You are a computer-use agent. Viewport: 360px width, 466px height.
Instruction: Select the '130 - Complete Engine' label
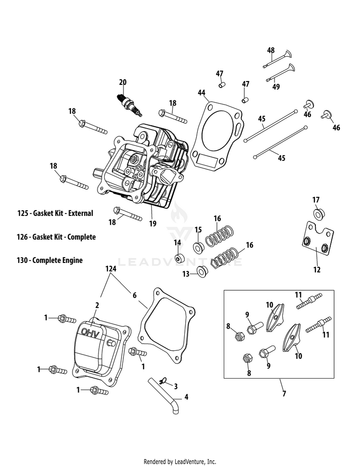pyautogui.click(x=50, y=260)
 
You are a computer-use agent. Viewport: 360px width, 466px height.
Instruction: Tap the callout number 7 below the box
pyautogui.click(x=284, y=394)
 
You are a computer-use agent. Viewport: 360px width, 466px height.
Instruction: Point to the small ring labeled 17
pyautogui.click(x=318, y=213)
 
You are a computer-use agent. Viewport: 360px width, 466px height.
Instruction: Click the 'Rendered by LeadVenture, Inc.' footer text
pyautogui.click(x=180, y=462)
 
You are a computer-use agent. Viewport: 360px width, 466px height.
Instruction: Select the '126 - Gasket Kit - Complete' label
pyautogui.click(x=56, y=237)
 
